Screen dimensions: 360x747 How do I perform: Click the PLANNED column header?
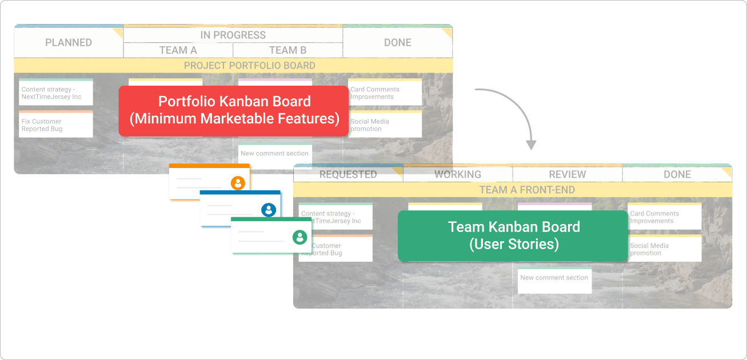69,43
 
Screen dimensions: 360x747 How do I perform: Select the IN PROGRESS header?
233,35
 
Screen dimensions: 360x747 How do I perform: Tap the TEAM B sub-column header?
287,50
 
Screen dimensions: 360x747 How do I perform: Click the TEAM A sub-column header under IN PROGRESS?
178,50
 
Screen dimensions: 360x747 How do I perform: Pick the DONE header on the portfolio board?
397,43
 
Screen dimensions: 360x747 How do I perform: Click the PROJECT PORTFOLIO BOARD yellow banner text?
249,66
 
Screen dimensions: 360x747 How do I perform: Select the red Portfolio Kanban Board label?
233,110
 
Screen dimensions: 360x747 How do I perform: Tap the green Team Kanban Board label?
513,235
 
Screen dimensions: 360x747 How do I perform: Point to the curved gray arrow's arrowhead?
532,145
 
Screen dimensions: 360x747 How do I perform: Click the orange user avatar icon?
238,183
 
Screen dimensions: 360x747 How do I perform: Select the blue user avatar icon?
269,210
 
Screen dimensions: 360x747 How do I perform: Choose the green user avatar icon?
299,237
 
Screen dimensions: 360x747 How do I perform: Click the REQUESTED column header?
347,174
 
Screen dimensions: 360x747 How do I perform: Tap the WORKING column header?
457,174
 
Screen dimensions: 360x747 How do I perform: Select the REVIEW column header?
567,174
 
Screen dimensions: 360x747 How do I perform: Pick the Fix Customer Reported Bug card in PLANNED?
55,125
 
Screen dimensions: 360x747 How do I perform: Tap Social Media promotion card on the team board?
664,249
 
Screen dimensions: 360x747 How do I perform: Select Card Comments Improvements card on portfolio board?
385,93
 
